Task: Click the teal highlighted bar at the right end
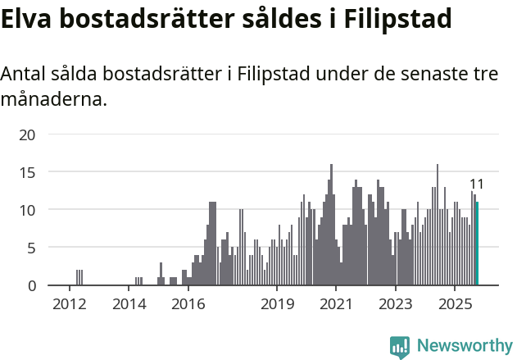477,244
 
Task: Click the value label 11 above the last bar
477,185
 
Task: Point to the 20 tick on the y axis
27,134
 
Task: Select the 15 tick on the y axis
27,172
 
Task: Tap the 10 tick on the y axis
27,210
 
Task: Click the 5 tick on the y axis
31,248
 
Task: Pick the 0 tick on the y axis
31,285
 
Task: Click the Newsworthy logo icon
400,347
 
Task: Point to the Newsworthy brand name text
464,346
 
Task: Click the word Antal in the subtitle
24,74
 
